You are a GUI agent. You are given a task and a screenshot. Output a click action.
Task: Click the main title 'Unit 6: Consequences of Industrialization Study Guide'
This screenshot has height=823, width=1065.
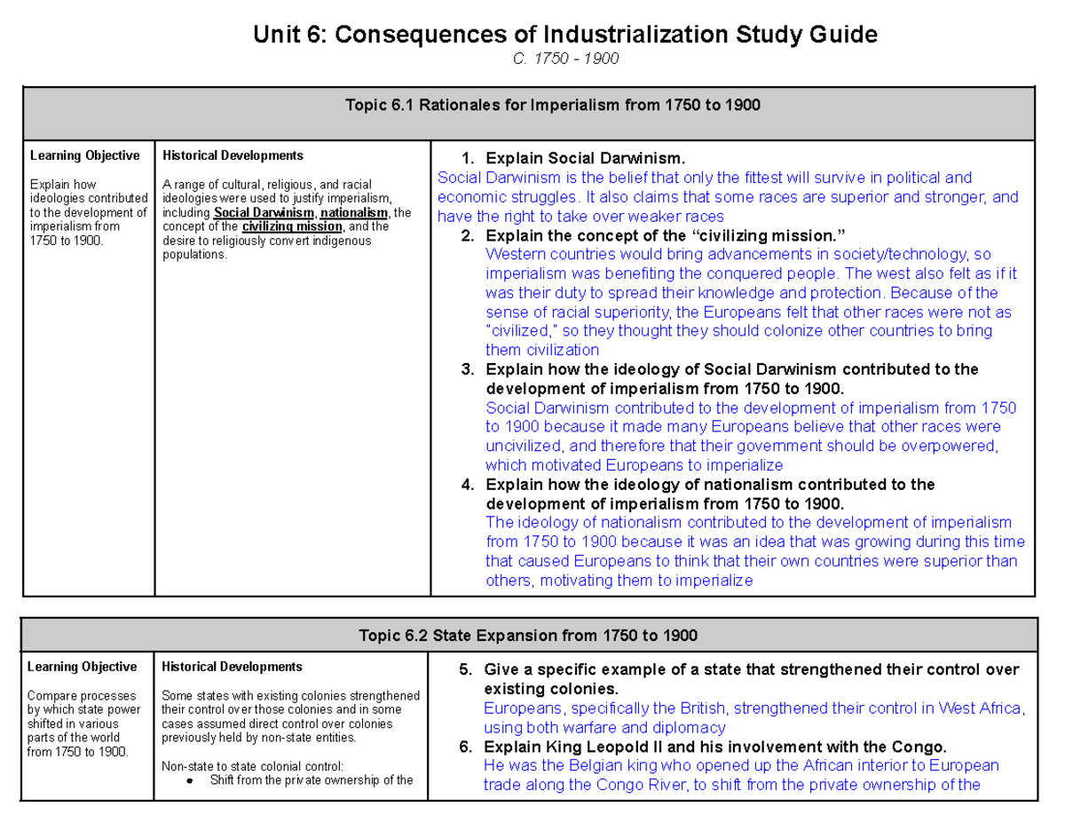click(x=564, y=35)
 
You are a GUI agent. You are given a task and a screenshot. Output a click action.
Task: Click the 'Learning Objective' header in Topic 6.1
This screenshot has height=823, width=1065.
click(x=84, y=155)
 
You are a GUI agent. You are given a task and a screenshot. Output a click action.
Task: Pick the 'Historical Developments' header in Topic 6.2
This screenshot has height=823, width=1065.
click(x=232, y=667)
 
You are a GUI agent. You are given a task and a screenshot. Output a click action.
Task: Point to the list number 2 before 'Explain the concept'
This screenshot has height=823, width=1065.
click(x=468, y=235)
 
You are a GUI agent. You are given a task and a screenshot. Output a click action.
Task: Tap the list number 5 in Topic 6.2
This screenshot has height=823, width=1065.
click(x=465, y=669)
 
